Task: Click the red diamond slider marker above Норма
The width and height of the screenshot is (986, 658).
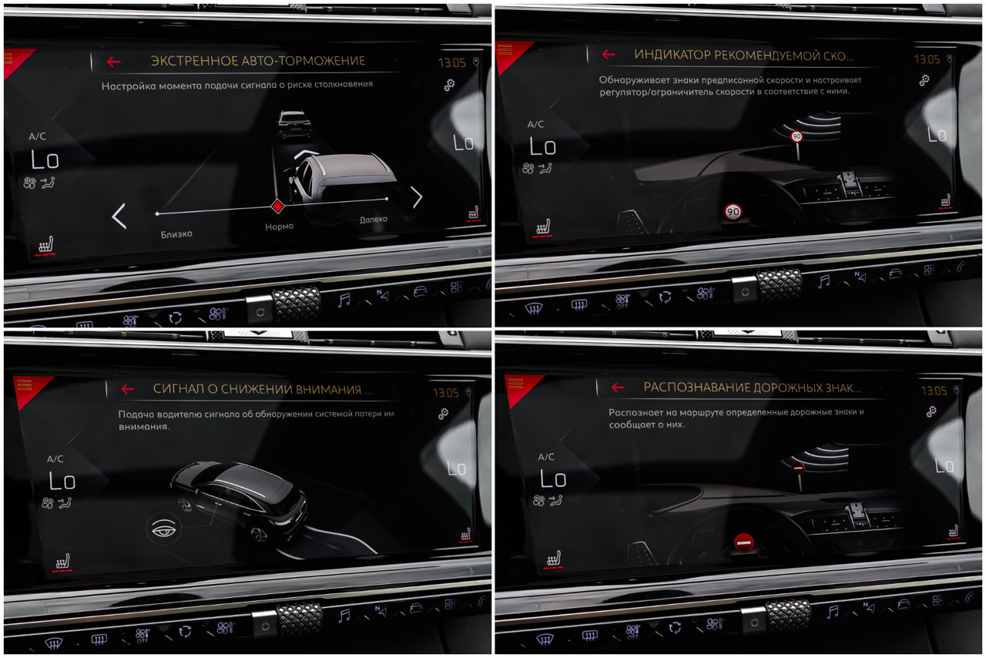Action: pos(277,206)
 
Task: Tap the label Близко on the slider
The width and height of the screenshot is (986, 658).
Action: pos(176,234)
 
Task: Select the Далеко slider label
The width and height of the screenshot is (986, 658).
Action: pos(374,219)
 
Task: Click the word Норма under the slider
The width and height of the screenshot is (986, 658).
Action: pos(279,227)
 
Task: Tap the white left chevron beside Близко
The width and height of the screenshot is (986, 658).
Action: pos(119,216)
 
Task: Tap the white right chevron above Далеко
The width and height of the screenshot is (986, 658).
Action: pos(417,197)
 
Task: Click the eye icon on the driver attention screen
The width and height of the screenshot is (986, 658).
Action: pos(164,529)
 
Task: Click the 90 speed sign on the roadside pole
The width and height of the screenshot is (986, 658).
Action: pos(797,136)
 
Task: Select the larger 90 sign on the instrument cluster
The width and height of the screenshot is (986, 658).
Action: pos(733,212)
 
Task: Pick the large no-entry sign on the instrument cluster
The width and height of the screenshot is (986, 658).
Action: pos(744,542)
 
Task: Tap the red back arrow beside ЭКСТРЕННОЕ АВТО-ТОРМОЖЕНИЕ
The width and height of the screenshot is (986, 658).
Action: pos(113,62)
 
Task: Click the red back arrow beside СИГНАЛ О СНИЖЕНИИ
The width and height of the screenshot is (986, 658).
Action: pos(128,388)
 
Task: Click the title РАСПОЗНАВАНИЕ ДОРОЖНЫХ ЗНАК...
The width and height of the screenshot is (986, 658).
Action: pos(752,388)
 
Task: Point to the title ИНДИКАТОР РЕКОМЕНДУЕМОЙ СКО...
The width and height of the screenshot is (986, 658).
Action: pos(743,55)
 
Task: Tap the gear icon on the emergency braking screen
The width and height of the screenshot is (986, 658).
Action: pos(449,85)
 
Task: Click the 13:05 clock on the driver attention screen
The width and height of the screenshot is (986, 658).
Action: pos(445,392)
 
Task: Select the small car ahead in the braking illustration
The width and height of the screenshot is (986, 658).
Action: pos(294,125)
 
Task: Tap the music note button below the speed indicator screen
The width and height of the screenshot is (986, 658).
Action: pos(823,281)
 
